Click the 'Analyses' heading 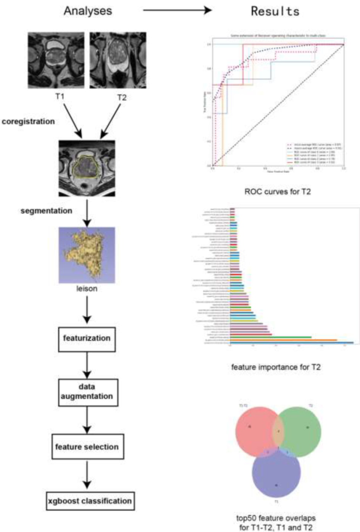[x=88, y=11]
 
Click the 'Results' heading [x=275, y=11]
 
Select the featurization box [x=87, y=339]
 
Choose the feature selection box [x=87, y=446]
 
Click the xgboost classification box [x=90, y=501]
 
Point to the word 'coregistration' [x=28, y=122]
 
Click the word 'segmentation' [x=46, y=211]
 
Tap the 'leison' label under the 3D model [x=87, y=288]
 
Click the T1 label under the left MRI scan [x=60, y=97]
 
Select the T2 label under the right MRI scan [x=122, y=97]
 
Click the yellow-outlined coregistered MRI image [x=87, y=168]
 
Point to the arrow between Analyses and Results [x=177, y=10]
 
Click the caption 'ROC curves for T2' [x=277, y=192]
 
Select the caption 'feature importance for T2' [x=276, y=367]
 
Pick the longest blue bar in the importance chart [x=292, y=343]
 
